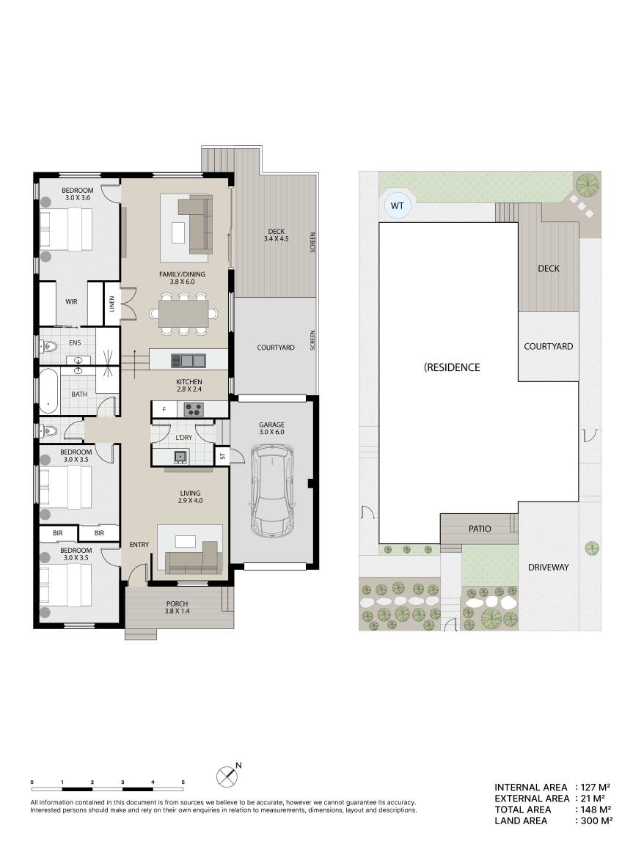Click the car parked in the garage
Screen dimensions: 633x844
coord(272,491)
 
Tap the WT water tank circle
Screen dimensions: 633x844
coord(398,205)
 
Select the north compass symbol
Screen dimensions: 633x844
coord(228,776)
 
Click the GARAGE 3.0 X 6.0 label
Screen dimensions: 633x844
coord(271,428)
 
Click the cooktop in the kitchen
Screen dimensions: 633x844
coord(194,409)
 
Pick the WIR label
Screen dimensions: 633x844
coord(72,302)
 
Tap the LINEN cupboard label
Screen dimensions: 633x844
coord(112,304)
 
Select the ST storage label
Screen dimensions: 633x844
coord(222,456)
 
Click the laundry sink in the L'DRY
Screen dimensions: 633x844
coord(180,456)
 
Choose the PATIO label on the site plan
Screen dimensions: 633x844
coord(480,529)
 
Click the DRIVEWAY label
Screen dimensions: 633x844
coord(548,567)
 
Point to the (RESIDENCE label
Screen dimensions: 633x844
coord(452,367)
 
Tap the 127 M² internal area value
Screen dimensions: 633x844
coord(596,788)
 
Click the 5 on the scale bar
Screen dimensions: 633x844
coord(183,782)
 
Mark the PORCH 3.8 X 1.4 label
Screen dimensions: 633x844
coord(177,607)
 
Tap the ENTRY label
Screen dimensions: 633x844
coord(139,545)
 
